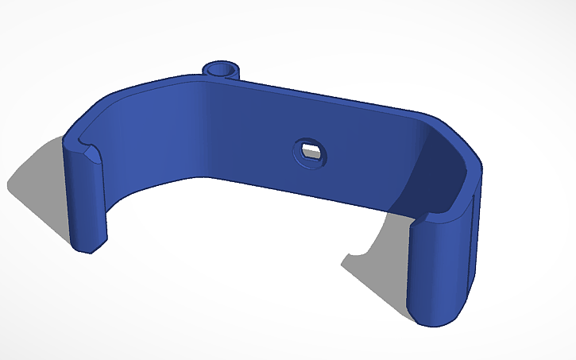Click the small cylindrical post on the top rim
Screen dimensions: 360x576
(x=221, y=71)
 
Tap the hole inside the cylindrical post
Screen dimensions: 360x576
(x=221, y=68)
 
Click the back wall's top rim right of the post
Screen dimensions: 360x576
(x=334, y=99)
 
